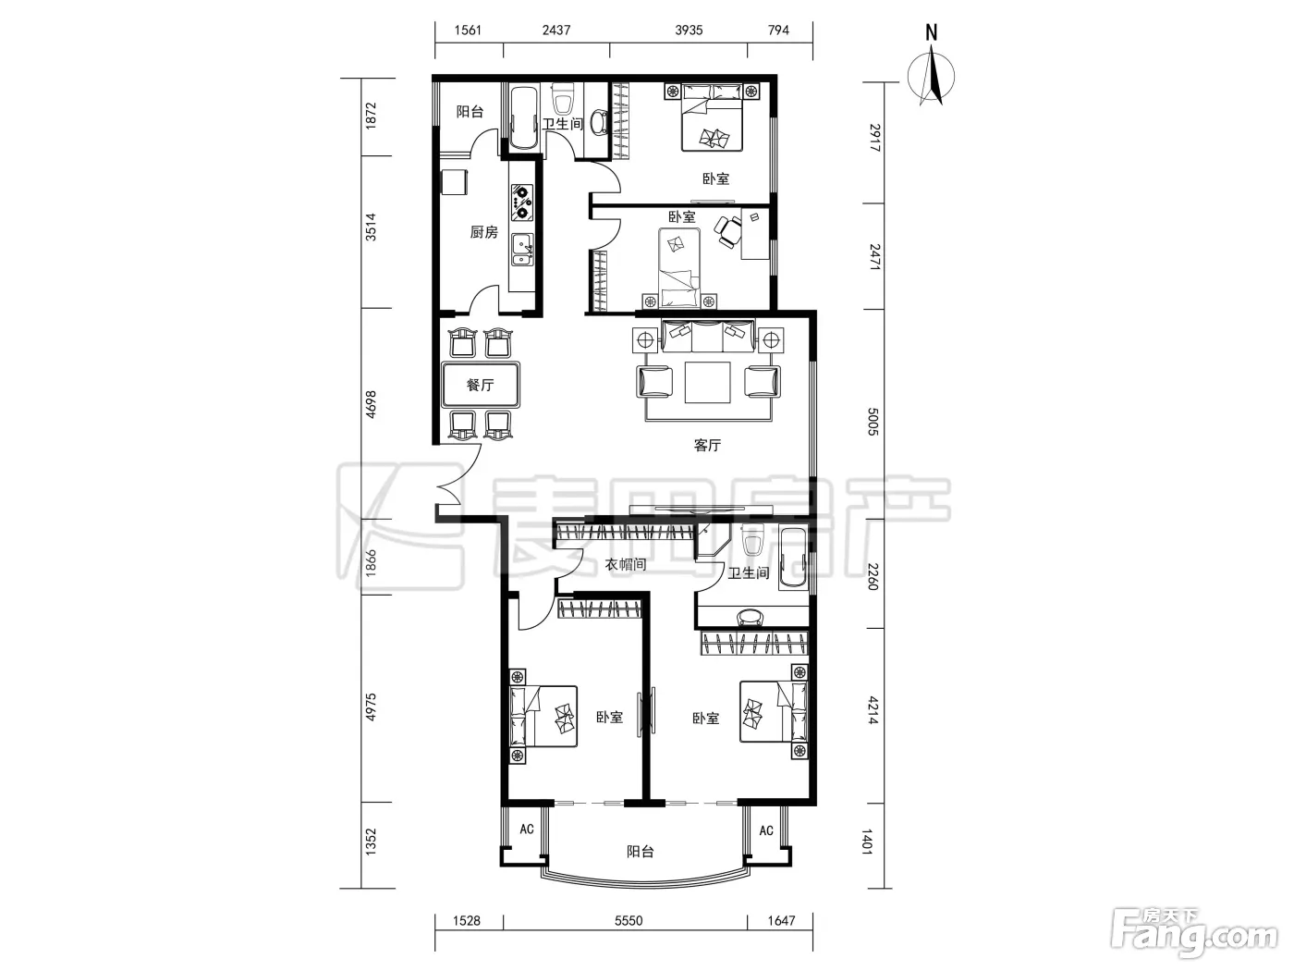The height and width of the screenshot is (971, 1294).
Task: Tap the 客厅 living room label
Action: [x=707, y=445]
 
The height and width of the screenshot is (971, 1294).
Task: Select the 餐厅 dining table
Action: [x=481, y=385]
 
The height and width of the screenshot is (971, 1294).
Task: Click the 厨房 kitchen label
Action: [x=483, y=232]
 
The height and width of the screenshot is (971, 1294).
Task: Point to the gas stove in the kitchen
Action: [x=521, y=203]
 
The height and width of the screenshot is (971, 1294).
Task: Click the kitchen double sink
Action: [x=522, y=250]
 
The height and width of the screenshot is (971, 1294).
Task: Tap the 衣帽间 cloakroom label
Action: [x=626, y=565]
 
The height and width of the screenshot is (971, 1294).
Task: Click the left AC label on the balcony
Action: [x=527, y=829]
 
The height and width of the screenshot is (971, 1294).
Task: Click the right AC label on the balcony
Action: [x=766, y=830]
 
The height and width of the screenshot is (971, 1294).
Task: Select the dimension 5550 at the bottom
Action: [x=629, y=921]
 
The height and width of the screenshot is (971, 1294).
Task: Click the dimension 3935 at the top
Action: [x=689, y=31]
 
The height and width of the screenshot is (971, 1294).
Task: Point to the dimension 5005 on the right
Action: [x=873, y=422]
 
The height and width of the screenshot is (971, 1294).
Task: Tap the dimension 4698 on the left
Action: [x=371, y=404]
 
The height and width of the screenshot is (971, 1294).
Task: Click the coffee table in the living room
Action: [x=707, y=383]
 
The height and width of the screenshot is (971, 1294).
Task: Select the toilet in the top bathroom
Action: [x=562, y=99]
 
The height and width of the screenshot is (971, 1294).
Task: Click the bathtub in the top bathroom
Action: [x=524, y=118]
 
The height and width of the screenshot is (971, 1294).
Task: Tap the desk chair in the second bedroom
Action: [x=728, y=231]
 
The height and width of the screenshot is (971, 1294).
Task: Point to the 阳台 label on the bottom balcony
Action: [x=641, y=852]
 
